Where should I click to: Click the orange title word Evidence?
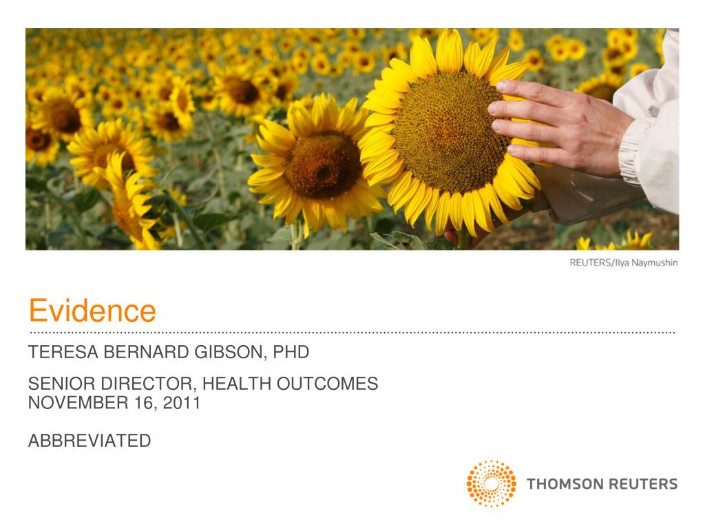coord(92,311)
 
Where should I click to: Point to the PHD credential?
coord(292,353)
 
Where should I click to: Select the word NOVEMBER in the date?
coord(72,403)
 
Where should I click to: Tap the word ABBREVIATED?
coord(90,441)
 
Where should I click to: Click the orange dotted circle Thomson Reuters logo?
coord(492,483)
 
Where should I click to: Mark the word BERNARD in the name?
coord(140,353)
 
